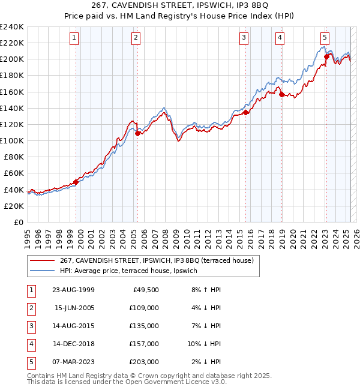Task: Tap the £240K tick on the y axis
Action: [x=12, y=27]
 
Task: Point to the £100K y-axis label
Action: [x=12, y=140]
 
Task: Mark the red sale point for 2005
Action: [x=138, y=133]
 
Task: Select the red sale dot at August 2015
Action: [x=246, y=112]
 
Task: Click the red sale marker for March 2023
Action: [x=326, y=57]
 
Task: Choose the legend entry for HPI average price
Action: [x=132, y=271]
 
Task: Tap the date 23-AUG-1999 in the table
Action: [x=73, y=290]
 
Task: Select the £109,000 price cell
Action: [x=145, y=308]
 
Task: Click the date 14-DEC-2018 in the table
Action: [x=73, y=344]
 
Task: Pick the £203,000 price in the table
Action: [x=145, y=362]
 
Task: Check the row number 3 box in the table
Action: [x=31, y=326]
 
